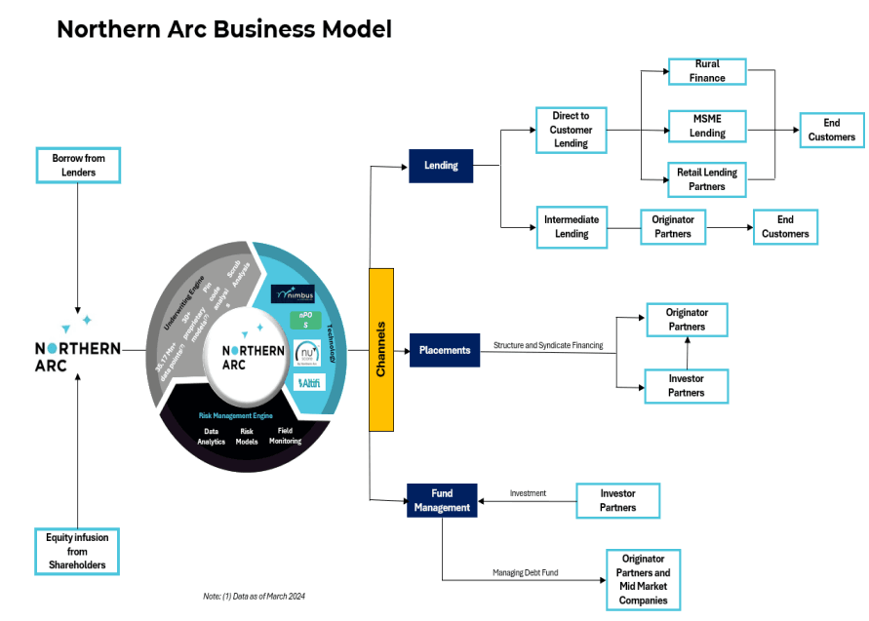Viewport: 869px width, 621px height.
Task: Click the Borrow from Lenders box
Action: [x=78, y=165]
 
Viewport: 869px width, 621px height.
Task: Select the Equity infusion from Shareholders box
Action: [x=77, y=551]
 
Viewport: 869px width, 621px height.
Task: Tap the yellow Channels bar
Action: [x=381, y=349]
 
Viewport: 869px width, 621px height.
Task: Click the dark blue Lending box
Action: [x=441, y=166]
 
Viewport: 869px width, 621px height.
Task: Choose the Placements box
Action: [x=445, y=350]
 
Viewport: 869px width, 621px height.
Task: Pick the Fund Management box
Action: [x=442, y=500]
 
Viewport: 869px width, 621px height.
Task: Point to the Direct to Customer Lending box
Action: [x=572, y=130]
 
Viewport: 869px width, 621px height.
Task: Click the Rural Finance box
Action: [x=707, y=71]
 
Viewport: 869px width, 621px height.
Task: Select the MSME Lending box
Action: [x=707, y=126]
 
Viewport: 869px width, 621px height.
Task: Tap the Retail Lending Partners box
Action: [x=707, y=179]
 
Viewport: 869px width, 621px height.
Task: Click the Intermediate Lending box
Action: [x=572, y=226]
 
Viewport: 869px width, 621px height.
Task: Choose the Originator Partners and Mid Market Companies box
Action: [x=643, y=580]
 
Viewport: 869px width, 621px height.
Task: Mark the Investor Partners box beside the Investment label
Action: [x=617, y=500]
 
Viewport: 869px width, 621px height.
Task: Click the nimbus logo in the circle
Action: [x=294, y=292]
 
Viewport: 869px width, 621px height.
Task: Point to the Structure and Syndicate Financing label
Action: [x=548, y=345]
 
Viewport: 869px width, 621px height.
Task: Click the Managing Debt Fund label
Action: [x=526, y=572]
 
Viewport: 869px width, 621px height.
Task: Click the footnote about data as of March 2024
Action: [x=248, y=596]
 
